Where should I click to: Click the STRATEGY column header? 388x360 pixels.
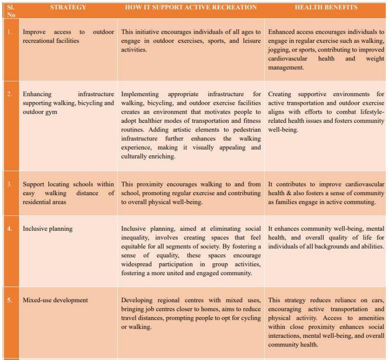point(68,7)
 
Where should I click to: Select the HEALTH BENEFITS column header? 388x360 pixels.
point(326,7)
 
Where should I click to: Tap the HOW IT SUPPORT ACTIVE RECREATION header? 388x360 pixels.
point(191,7)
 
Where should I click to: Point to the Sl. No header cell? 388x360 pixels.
point(11,11)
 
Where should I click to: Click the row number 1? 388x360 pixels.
point(10,32)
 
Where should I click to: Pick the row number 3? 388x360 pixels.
point(10,184)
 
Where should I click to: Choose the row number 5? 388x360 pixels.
point(10,300)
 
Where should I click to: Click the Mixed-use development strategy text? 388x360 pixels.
point(55,300)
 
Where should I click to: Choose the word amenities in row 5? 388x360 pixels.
point(370,318)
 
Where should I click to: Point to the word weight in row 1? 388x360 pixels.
point(375,59)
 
